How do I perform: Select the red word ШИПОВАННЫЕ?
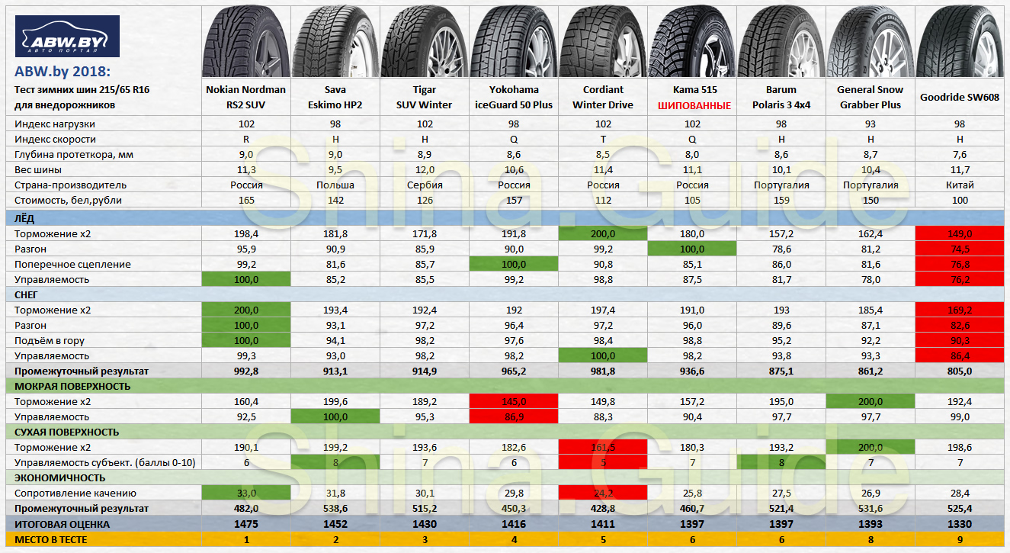[x=691, y=104]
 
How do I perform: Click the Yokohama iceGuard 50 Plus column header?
[x=513, y=97]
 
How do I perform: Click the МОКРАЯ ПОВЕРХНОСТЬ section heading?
[x=72, y=386]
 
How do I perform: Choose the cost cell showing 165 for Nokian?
[x=245, y=200]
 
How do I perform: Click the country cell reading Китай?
[x=960, y=185]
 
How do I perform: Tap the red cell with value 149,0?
[x=960, y=233]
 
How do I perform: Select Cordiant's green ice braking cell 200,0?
[x=602, y=233]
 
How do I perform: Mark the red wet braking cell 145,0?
[x=513, y=401]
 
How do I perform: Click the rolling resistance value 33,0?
[x=245, y=493]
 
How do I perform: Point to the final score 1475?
[x=245, y=524]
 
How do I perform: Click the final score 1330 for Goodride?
[x=960, y=524]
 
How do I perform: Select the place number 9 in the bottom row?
[x=960, y=539]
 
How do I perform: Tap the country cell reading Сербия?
[x=424, y=185]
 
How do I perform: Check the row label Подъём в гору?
[x=52, y=340]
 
